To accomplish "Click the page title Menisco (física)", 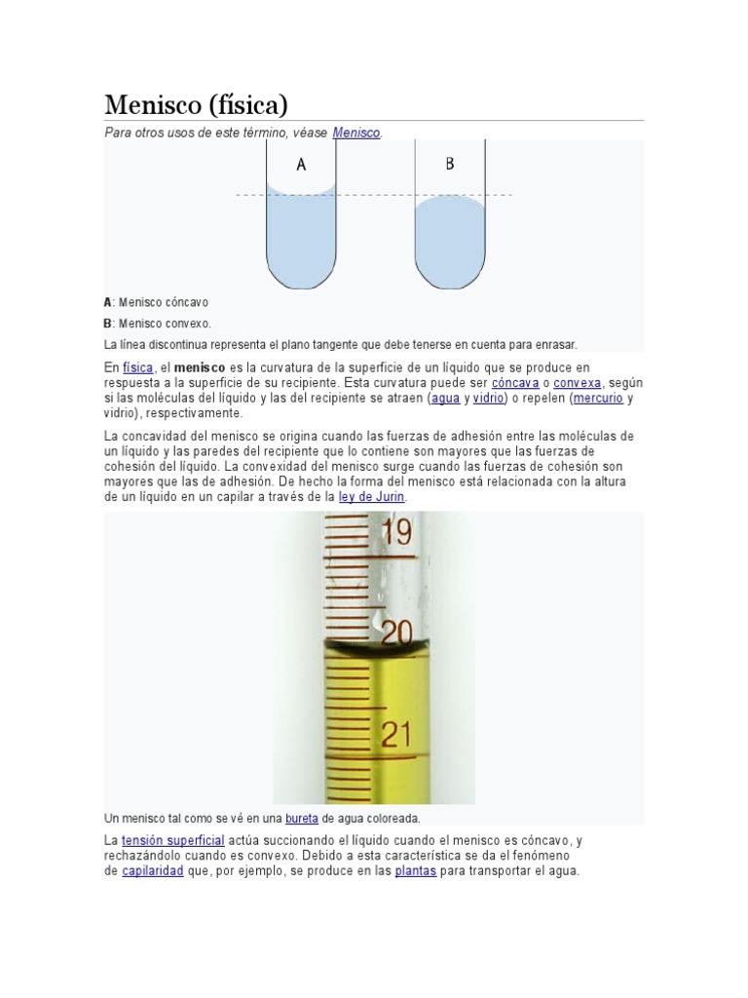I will (x=196, y=104).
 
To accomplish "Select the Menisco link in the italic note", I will (x=355, y=132).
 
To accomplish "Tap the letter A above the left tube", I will (x=301, y=165).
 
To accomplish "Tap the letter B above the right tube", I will (x=450, y=164).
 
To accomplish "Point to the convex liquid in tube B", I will (x=450, y=239).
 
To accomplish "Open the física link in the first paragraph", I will (x=137, y=367).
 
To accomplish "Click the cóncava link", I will (x=515, y=383).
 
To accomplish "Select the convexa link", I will (x=577, y=383).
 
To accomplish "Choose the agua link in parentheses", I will (x=445, y=399).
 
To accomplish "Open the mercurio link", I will (x=597, y=399).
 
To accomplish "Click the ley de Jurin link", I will (x=371, y=497).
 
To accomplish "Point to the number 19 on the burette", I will (x=396, y=532).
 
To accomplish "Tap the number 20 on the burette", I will (x=396, y=633).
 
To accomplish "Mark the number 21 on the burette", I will (x=396, y=734).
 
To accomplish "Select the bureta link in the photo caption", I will (x=301, y=819).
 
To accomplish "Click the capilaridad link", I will (x=153, y=871).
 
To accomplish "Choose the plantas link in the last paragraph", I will (x=415, y=871).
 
